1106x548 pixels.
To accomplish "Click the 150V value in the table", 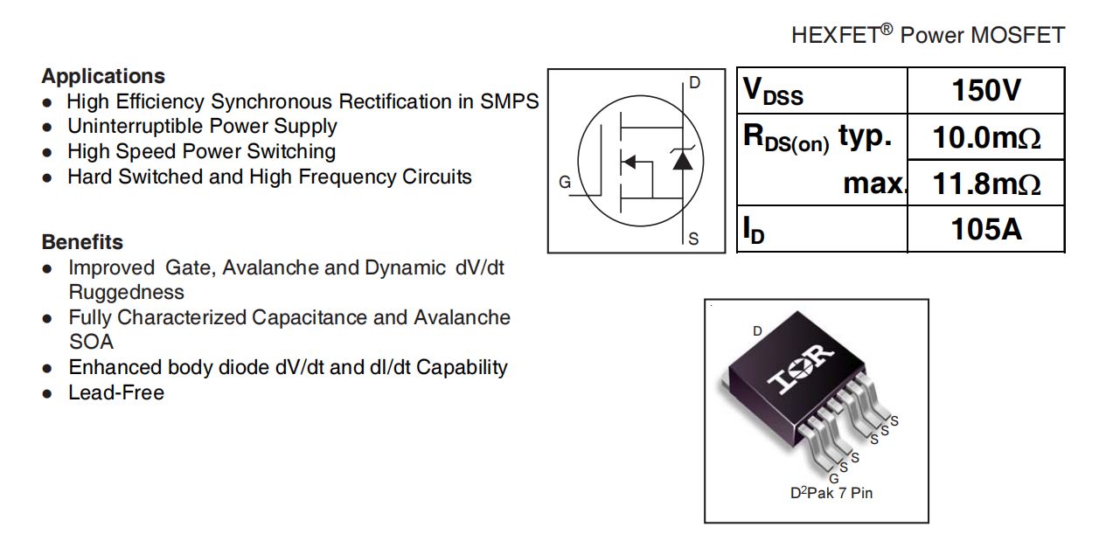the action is pyautogui.click(x=986, y=90).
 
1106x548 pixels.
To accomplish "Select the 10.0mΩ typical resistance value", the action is pyautogui.click(x=986, y=137).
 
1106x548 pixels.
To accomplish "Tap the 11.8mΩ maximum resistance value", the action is pyautogui.click(x=986, y=184).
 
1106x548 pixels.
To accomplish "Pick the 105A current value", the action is pyautogui.click(x=986, y=229).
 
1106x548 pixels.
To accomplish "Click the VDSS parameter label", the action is pyautogui.click(x=773, y=91).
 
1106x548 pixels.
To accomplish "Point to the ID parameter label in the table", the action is pyautogui.click(x=754, y=231).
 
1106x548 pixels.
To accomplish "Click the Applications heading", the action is pyautogui.click(x=103, y=76).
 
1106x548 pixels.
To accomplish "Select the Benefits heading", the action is pyautogui.click(x=82, y=242).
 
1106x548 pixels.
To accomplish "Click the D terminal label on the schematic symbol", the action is pyautogui.click(x=695, y=82).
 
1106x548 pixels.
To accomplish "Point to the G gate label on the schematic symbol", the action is pyautogui.click(x=565, y=182).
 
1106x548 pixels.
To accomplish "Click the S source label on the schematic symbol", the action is pyautogui.click(x=693, y=239).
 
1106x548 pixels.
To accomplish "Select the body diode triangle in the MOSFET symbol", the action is pyautogui.click(x=683, y=161).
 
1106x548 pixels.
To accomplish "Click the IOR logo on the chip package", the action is pyautogui.click(x=800, y=369).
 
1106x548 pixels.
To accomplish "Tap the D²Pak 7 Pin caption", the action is pyautogui.click(x=831, y=493).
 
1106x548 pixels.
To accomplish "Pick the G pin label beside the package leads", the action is pyautogui.click(x=833, y=478).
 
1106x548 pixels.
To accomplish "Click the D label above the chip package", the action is pyautogui.click(x=757, y=330).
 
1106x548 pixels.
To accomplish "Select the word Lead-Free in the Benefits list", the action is pyautogui.click(x=116, y=392).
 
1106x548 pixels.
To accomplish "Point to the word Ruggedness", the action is pyautogui.click(x=127, y=292).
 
